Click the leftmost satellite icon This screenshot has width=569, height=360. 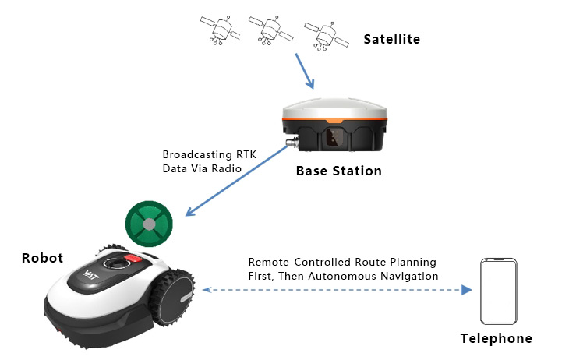[x=220, y=30]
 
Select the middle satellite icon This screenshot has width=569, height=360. [x=270, y=30]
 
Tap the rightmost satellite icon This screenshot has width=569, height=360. [x=327, y=35]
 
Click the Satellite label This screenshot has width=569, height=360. [x=392, y=39]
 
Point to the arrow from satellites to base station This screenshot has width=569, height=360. [x=305, y=71]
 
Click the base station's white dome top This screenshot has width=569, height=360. [x=334, y=109]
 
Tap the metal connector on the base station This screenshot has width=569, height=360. [x=292, y=141]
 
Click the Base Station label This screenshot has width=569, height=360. [x=339, y=171]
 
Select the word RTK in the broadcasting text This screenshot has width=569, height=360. [x=246, y=154]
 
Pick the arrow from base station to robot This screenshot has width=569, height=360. [x=236, y=181]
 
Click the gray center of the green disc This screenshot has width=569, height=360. [x=149, y=224]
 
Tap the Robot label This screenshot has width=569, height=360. [x=42, y=258]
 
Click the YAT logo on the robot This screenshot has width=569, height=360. [x=90, y=275]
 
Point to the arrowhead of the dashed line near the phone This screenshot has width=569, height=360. [x=467, y=290]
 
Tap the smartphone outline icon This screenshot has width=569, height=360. [x=499, y=291]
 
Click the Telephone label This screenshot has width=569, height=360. [x=496, y=338]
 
